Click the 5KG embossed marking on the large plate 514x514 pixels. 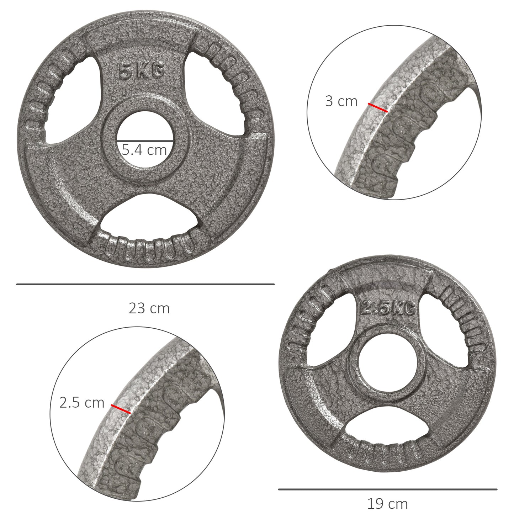141,71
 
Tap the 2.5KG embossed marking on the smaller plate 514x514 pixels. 388,308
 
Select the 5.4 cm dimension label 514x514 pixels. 144,150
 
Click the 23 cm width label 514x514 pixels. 149,308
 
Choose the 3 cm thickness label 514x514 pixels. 341,101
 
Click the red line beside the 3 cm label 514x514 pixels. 377,107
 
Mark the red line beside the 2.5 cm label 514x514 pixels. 121,409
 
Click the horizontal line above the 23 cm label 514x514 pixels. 145,284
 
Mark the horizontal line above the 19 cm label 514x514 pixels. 387,489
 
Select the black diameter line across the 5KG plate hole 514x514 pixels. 145,141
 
